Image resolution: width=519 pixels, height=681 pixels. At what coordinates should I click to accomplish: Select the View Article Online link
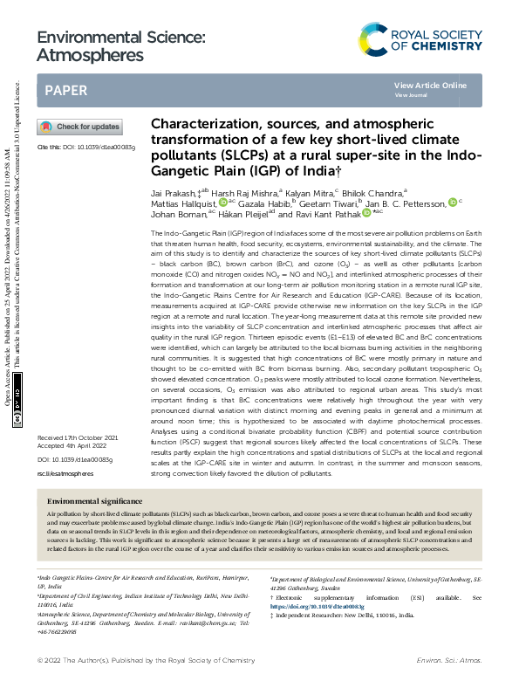430,85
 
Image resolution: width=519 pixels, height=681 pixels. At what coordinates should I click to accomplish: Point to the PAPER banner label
65,90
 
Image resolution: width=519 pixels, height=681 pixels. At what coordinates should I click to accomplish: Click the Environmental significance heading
94,502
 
